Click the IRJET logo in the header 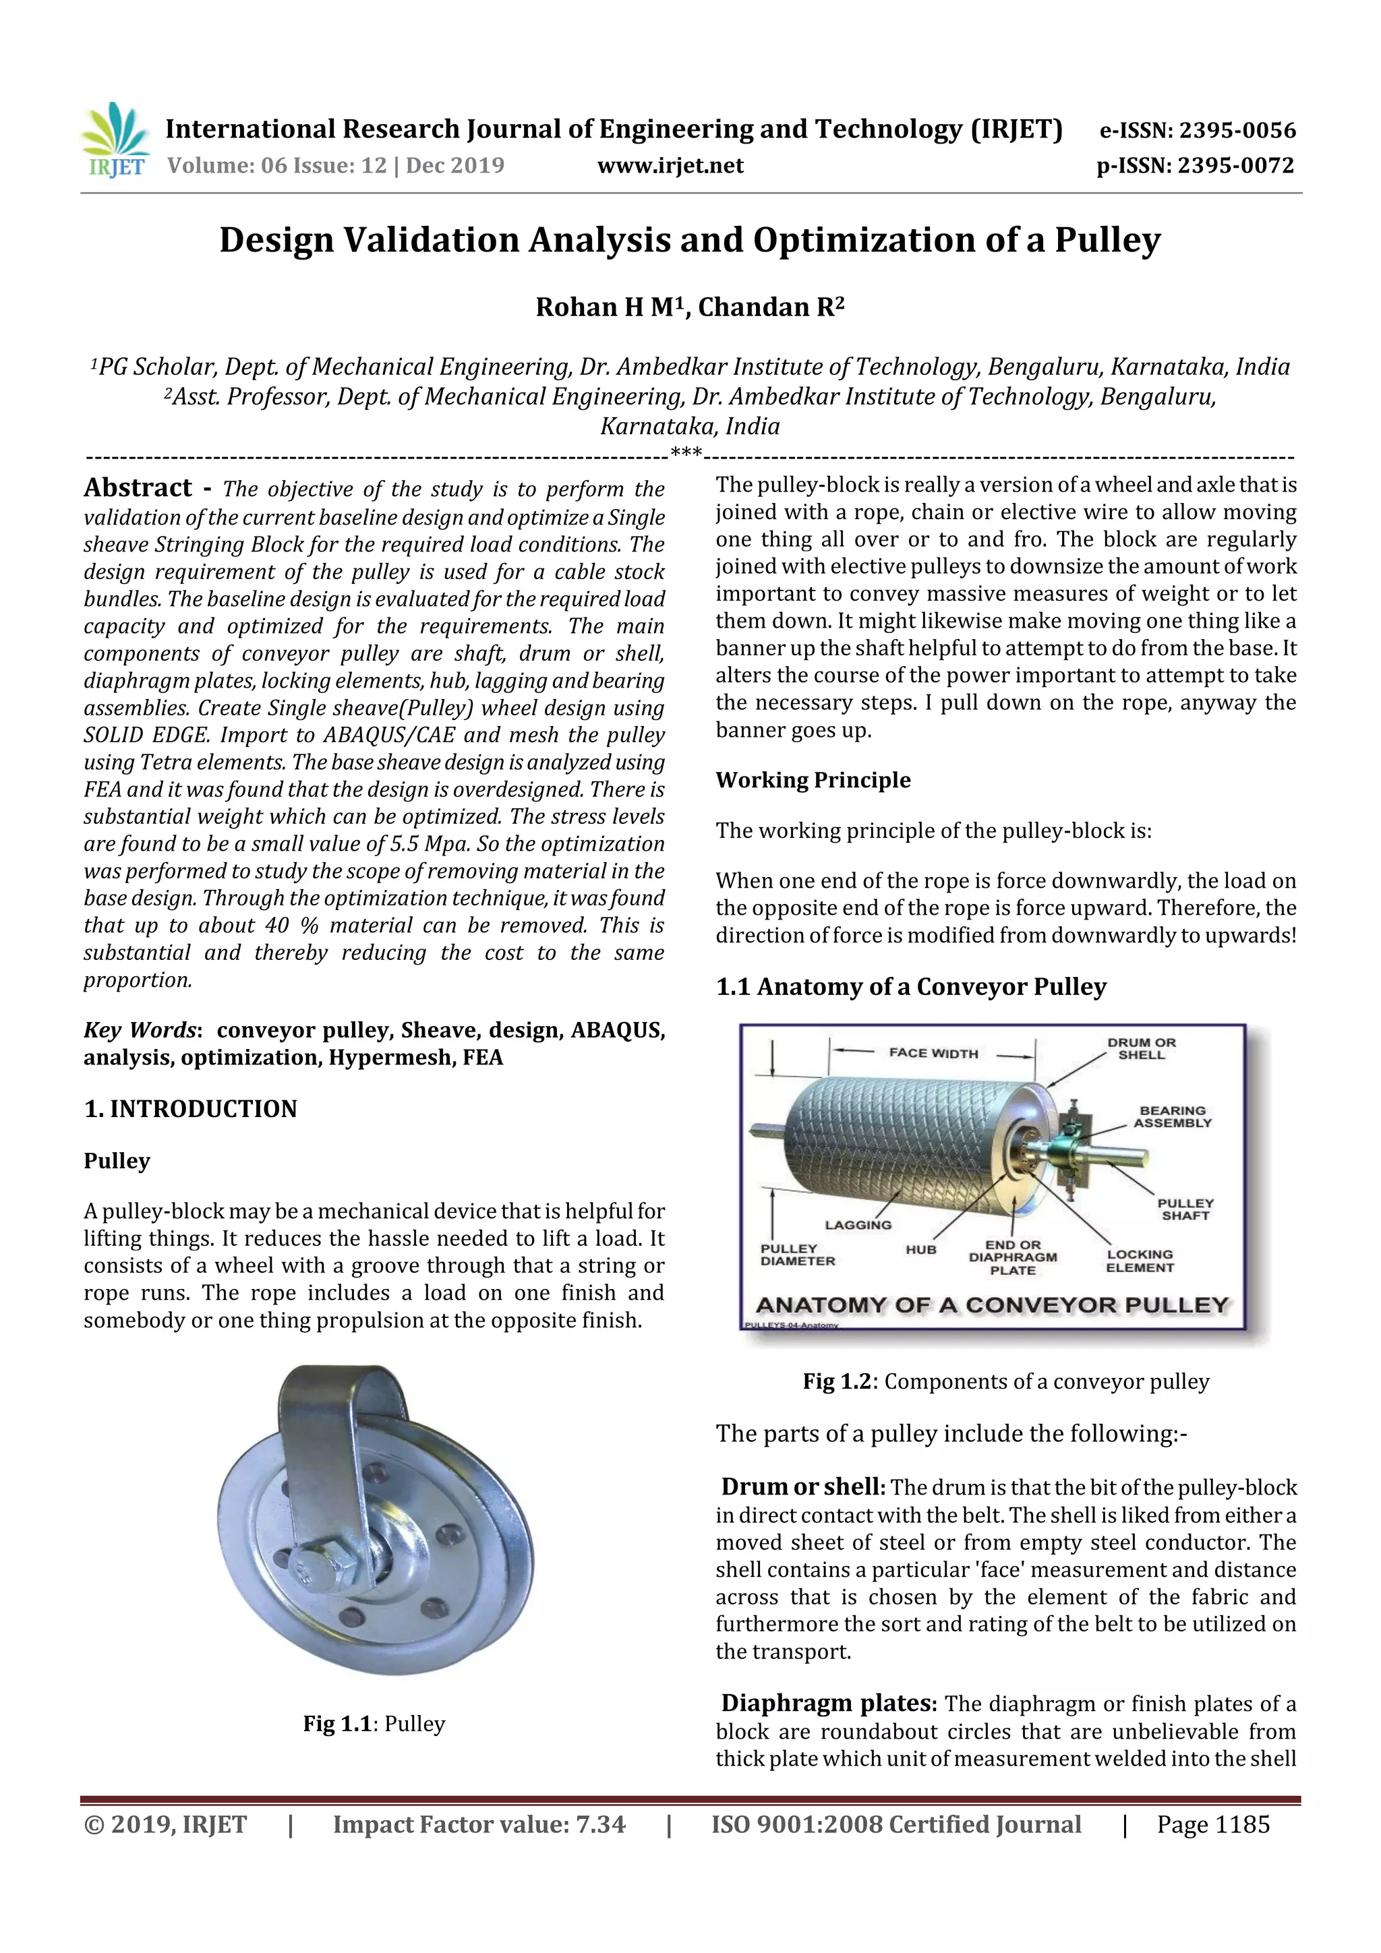[x=115, y=141]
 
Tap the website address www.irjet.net [x=670, y=166]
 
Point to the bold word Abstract [x=138, y=487]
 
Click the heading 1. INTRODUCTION [x=191, y=1109]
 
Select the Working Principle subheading [x=813, y=780]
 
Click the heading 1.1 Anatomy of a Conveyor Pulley [x=910, y=987]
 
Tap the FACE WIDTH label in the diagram [x=933, y=1053]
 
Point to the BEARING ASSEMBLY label [x=1172, y=1117]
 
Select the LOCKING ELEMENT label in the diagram [x=1140, y=1261]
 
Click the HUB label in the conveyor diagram [x=920, y=1250]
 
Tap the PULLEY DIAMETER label [x=797, y=1255]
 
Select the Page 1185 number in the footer [x=1212, y=1824]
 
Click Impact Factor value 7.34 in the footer [x=478, y=1824]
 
